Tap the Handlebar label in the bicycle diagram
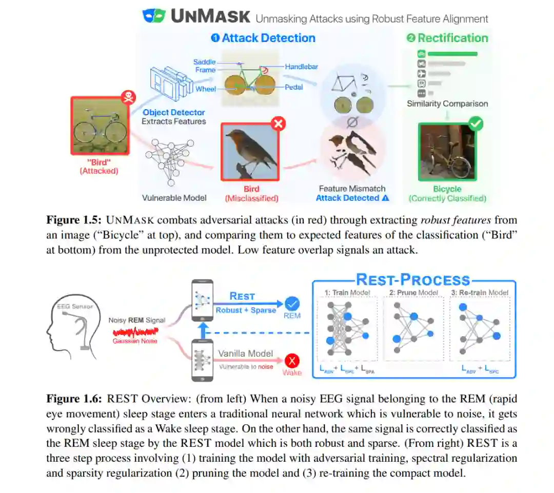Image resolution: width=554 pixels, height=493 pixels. [x=301, y=67]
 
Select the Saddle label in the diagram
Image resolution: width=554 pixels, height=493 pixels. [x=205, y=62]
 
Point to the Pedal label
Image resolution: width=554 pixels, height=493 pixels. [x=294, y=87]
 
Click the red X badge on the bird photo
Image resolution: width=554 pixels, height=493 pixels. [x=278, y=124]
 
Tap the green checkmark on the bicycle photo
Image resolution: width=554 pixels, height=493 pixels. [x=476, y=124]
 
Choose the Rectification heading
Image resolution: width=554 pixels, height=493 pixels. [x=447, y=38]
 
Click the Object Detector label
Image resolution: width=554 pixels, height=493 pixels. [x=173, y=112]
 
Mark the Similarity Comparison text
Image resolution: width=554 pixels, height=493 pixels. [x=447, y=104]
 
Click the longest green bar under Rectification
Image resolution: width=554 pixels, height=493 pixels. [x=452, y=53]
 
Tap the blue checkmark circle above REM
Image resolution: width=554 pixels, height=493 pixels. [x=292, y=302]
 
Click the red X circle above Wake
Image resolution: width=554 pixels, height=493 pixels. [x=292, y=360]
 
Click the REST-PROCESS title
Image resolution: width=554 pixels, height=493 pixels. [x=413, y=280]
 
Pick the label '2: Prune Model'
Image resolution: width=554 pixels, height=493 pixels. [x=413, y=293]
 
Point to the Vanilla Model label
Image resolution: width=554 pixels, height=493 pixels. [x=246, y=354]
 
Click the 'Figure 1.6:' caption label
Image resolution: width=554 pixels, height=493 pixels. [x=74, y=399]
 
